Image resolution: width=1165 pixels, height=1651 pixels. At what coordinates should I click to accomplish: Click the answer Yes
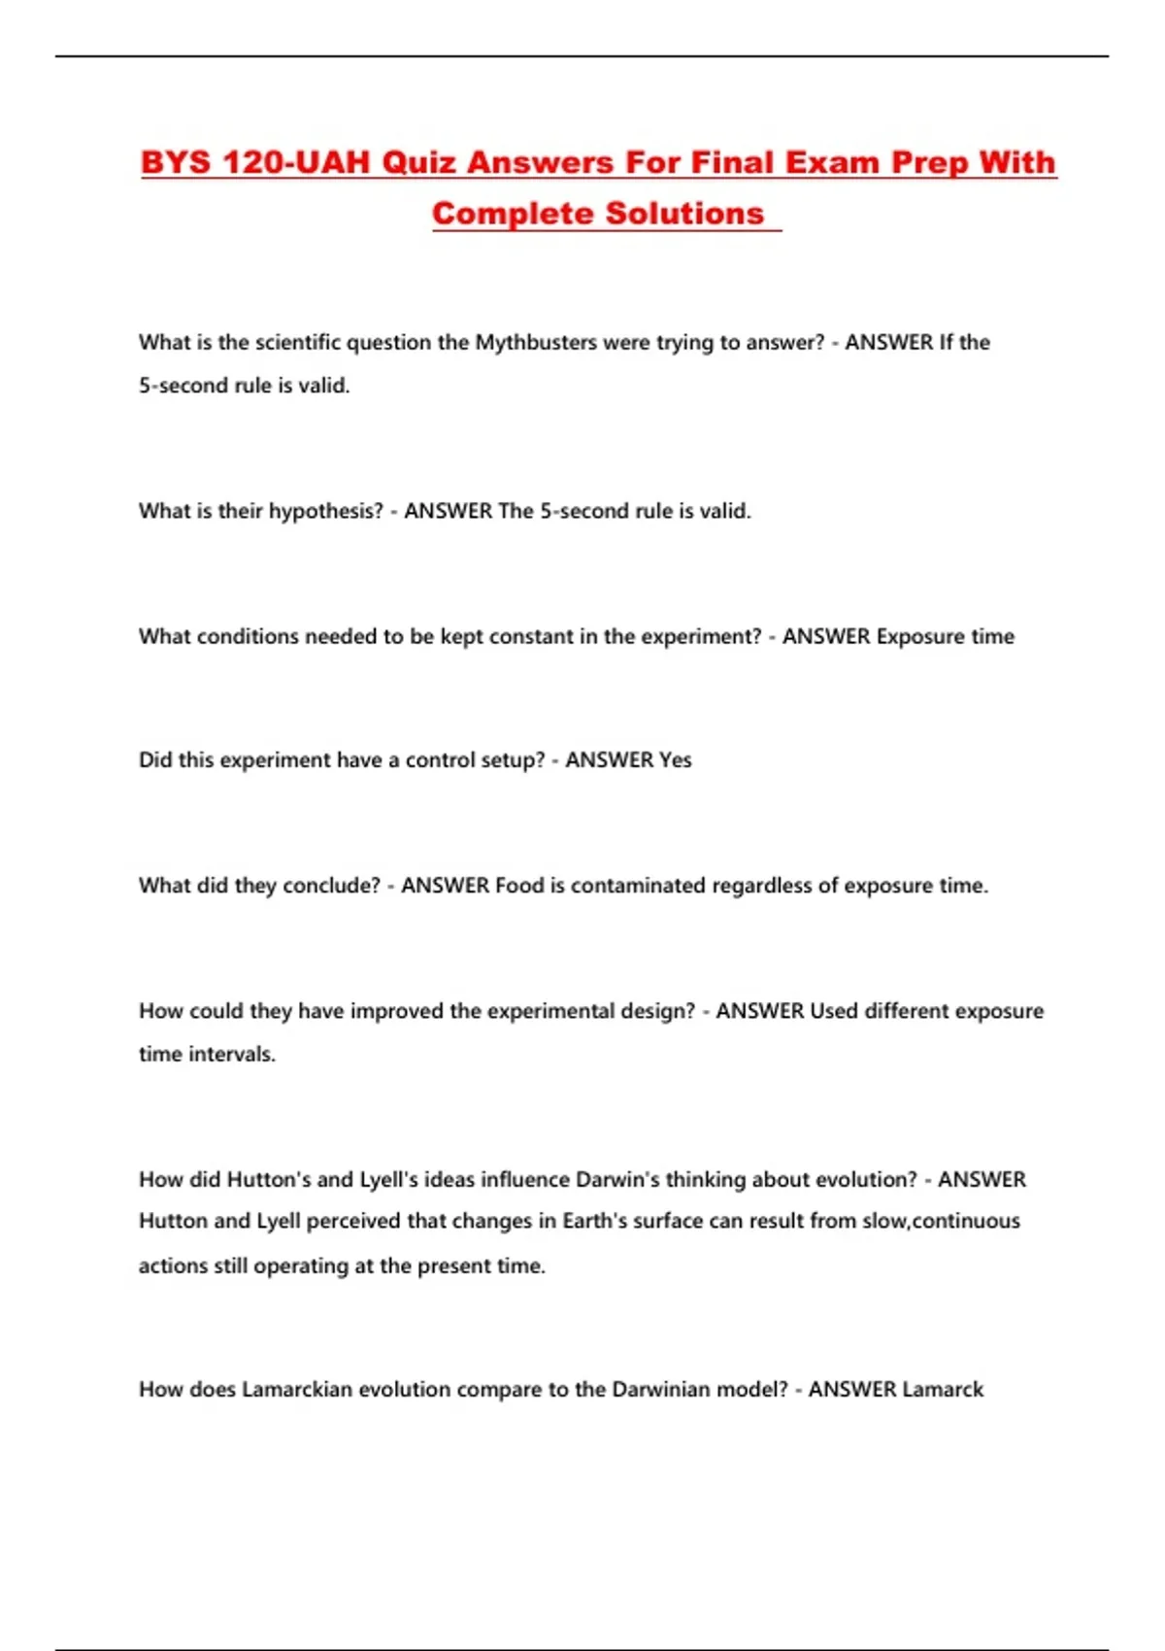[675, 760]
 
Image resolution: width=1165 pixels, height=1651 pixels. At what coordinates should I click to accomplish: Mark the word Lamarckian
[297, 1390]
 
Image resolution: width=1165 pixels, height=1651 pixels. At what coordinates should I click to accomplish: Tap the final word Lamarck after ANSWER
[943, 1390]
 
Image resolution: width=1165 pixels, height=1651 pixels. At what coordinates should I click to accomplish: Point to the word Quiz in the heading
[418, 162]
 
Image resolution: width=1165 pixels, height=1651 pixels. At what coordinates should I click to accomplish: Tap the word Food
[520, 886]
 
